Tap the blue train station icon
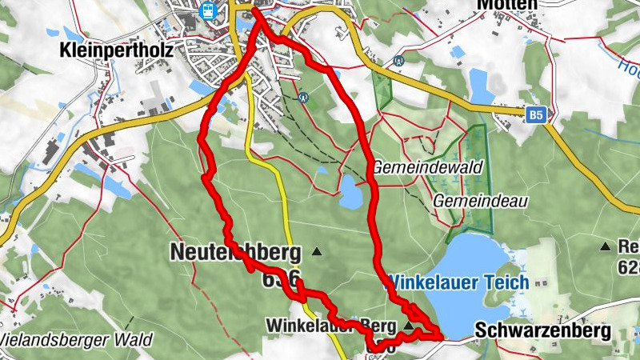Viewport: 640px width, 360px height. (x=208, y=11)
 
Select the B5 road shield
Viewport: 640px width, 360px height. (x=537, y=117)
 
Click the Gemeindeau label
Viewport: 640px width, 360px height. (x=480, y=202)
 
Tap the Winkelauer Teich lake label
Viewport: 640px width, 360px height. (x=458, y=282)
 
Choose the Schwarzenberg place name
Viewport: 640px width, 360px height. (x=542, y=330)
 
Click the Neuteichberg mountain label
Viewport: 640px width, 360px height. (x=235, y=253)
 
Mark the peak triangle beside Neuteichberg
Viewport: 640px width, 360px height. (x=316, y=251)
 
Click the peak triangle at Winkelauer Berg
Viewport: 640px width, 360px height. (x=409, y=326)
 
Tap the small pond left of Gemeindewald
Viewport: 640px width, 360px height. (x=350, y=192)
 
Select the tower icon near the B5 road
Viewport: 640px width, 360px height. (x=398, y=60)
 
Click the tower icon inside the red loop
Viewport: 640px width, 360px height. (x=303, y=97)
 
